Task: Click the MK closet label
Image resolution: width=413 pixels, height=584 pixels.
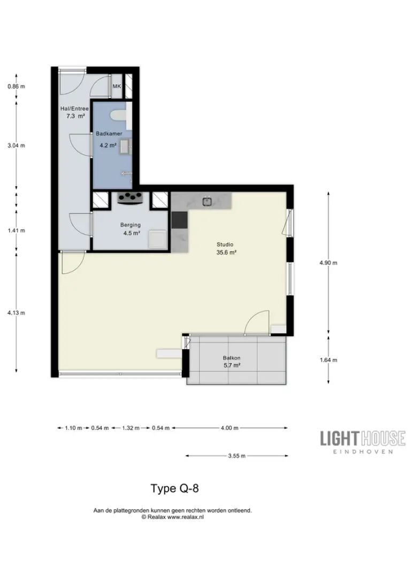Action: tap(117, 87)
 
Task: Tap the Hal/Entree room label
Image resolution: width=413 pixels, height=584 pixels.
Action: tap(74, 109)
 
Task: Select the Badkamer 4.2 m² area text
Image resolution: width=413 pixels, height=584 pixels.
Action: tap(108, 145)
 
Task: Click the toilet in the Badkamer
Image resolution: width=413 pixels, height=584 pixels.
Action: tap(118, 115)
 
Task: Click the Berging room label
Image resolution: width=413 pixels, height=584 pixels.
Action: tap(131, 225)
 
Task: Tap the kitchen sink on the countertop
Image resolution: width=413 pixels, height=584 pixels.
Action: tap(208, 202)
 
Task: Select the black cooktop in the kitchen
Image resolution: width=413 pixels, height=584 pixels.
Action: tap(180, 220)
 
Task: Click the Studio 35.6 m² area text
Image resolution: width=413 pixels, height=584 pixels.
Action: tap(226, 252)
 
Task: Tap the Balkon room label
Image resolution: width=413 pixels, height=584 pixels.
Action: tap(232, 358)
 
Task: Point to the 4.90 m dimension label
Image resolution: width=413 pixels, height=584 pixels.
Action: tap(328, 263)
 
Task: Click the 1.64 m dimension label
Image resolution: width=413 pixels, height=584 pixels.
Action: tap(328, 360)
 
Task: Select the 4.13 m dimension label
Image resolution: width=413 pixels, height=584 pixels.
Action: tap(16, 313)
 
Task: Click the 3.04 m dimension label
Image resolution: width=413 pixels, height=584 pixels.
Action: tap(16, 145)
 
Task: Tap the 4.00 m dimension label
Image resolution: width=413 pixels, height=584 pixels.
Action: tap(230, 428)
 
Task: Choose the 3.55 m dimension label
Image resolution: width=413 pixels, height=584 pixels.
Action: tap(237, 456)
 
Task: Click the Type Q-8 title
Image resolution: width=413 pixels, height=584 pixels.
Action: tap(174, 488)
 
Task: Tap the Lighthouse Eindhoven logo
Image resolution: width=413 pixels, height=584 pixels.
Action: tap(363, 442)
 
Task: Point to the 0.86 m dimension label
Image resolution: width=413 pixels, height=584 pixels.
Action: tap(16, 87)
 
